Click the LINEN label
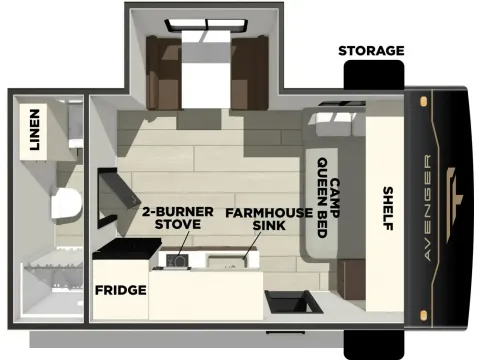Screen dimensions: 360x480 pyautogui.click(x=34, y=130)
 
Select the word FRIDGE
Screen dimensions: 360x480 pyautogui.click(x=120, y=291)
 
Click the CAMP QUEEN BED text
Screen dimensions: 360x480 pyautogui.click(x=330, y=191)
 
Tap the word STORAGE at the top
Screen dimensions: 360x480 pyautogui.click(x=371, y=50)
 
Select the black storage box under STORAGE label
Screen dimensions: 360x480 pyautogui.click(x=374, y=73)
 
